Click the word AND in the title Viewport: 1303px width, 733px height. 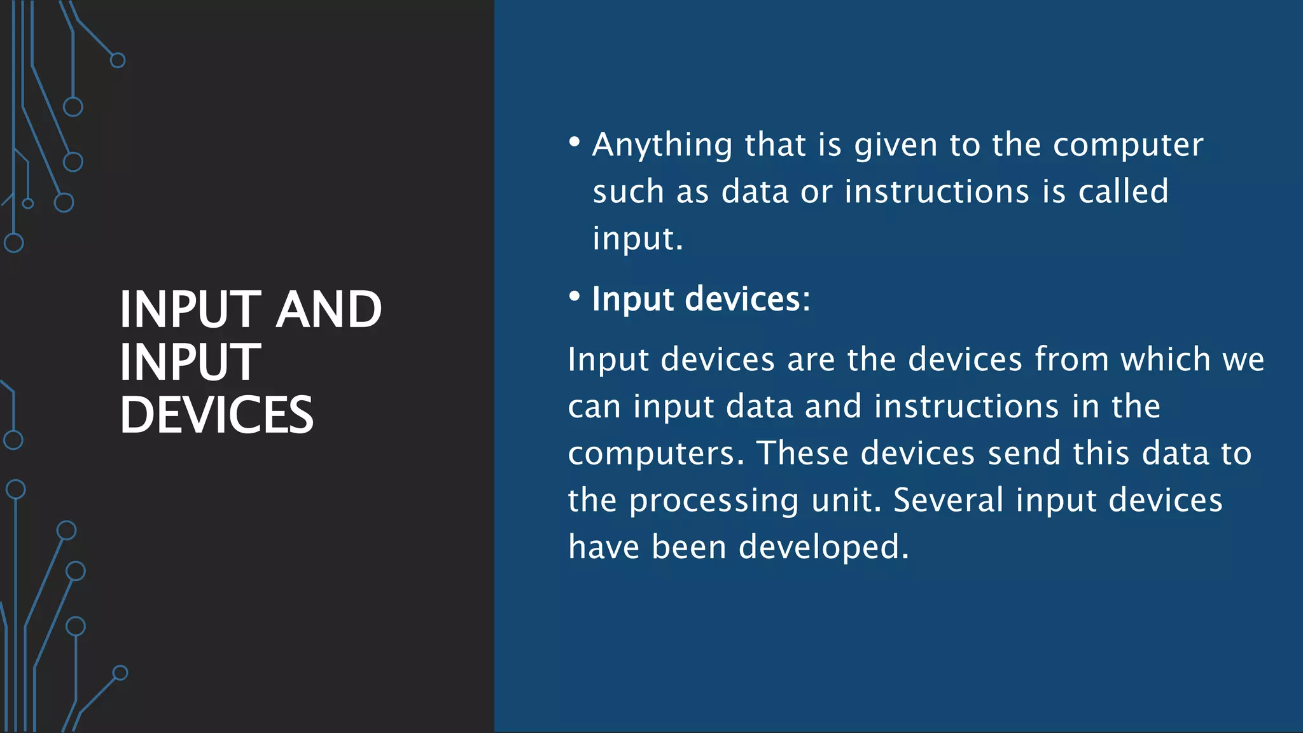click(330, 309)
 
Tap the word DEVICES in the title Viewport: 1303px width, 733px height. click(216, 415)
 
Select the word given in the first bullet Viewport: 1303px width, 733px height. click(896, 145)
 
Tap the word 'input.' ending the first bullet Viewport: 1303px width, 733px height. click(638, 239)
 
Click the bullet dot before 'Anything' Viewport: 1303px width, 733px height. click(575, 141)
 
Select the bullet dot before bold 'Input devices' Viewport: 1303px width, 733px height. click(575, 296)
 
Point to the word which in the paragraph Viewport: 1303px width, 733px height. click(1165, 360)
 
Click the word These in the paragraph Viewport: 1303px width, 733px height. click(802, 453)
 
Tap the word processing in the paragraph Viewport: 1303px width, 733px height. click(713, 501)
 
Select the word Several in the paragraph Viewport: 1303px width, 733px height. click(948, 500)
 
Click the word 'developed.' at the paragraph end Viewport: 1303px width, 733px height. click(824, 547)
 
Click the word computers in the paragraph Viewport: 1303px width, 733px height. click(655, 454)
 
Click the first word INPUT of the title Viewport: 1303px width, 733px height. click(190, 309)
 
